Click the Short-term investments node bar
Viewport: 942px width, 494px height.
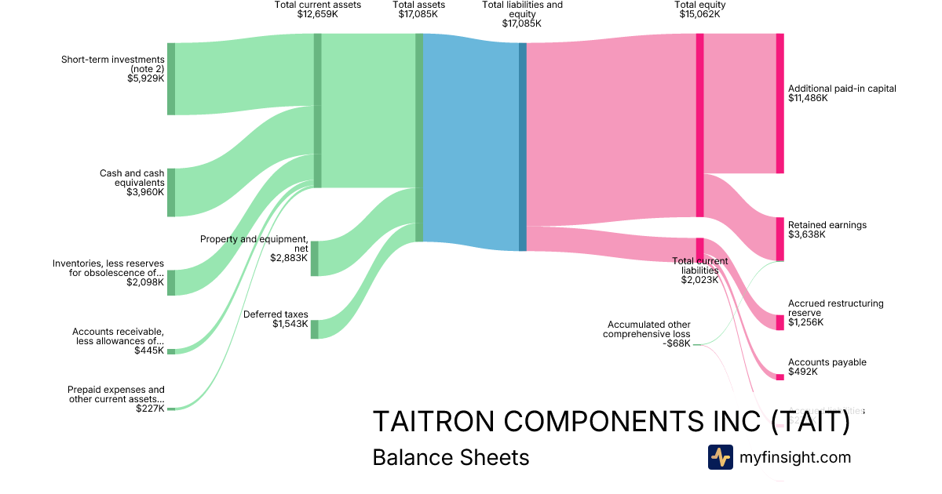(171, 78)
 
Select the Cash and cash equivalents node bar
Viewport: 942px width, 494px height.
(171, 192)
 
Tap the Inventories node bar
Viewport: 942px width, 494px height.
(171, 282)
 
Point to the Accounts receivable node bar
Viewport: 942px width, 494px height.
(171, 351)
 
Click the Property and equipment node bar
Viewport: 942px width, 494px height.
(314, 259)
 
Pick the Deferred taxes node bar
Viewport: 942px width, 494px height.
(314, 329)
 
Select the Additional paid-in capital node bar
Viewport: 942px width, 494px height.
(780, 104)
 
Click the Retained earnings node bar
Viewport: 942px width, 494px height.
(780, 239)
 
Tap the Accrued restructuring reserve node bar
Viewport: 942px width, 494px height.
(780, 322)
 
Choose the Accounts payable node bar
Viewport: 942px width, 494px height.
(780, 377)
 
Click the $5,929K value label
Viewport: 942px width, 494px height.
(145, 78)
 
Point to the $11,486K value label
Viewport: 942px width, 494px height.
(808, 99)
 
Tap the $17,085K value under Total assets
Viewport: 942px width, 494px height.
(418, 14)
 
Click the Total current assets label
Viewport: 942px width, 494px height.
(317, 5)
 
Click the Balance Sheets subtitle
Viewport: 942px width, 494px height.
(451, 457)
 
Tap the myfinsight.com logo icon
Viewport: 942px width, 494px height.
(720, 457)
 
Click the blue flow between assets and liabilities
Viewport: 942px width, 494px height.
(471, 141)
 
